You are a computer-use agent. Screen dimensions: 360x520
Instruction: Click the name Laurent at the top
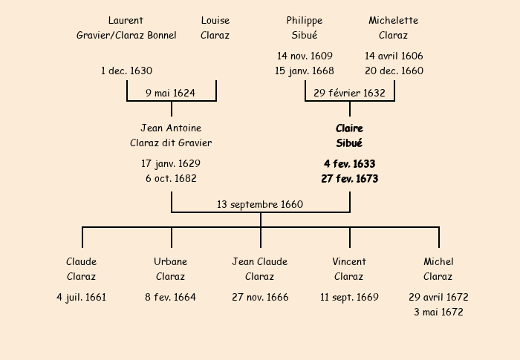tap(126, 21)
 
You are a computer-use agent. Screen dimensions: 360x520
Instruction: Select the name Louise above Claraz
tap(215, 21)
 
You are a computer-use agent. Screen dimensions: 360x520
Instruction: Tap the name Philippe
tap(305, 21)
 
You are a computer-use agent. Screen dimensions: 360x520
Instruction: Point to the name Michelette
tap(393, 21)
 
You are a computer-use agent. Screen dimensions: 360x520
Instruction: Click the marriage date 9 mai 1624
tap(170, 93)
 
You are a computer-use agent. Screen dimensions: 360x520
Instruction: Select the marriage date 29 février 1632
tap(349, 93)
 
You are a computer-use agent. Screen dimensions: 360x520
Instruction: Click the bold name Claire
tap(349, 128)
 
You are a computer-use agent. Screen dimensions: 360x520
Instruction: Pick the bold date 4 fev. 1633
tap(349, 164)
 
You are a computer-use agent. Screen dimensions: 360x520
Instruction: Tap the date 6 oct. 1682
tap(171, 178)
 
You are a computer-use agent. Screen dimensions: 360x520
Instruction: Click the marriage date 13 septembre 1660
tap(260, 204)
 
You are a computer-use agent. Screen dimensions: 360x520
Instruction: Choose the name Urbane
tap(170, 262)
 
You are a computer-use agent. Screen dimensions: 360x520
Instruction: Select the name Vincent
tap(348, 262)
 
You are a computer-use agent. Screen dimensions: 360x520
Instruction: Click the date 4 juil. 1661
tap(81, 298)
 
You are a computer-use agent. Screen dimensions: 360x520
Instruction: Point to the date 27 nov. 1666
tap(259, 298)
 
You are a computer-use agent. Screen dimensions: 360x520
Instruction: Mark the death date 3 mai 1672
tap(438, 312)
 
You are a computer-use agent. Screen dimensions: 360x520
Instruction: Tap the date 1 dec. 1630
tap(126, 71)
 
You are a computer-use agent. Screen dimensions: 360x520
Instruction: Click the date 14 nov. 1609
tap(305, 56)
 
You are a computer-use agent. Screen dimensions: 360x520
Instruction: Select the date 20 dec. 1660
tap(394, 71)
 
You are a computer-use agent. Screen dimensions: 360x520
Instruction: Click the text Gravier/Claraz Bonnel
tap(126, 35)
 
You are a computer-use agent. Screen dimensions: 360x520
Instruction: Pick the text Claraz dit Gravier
tap(171, 143)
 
